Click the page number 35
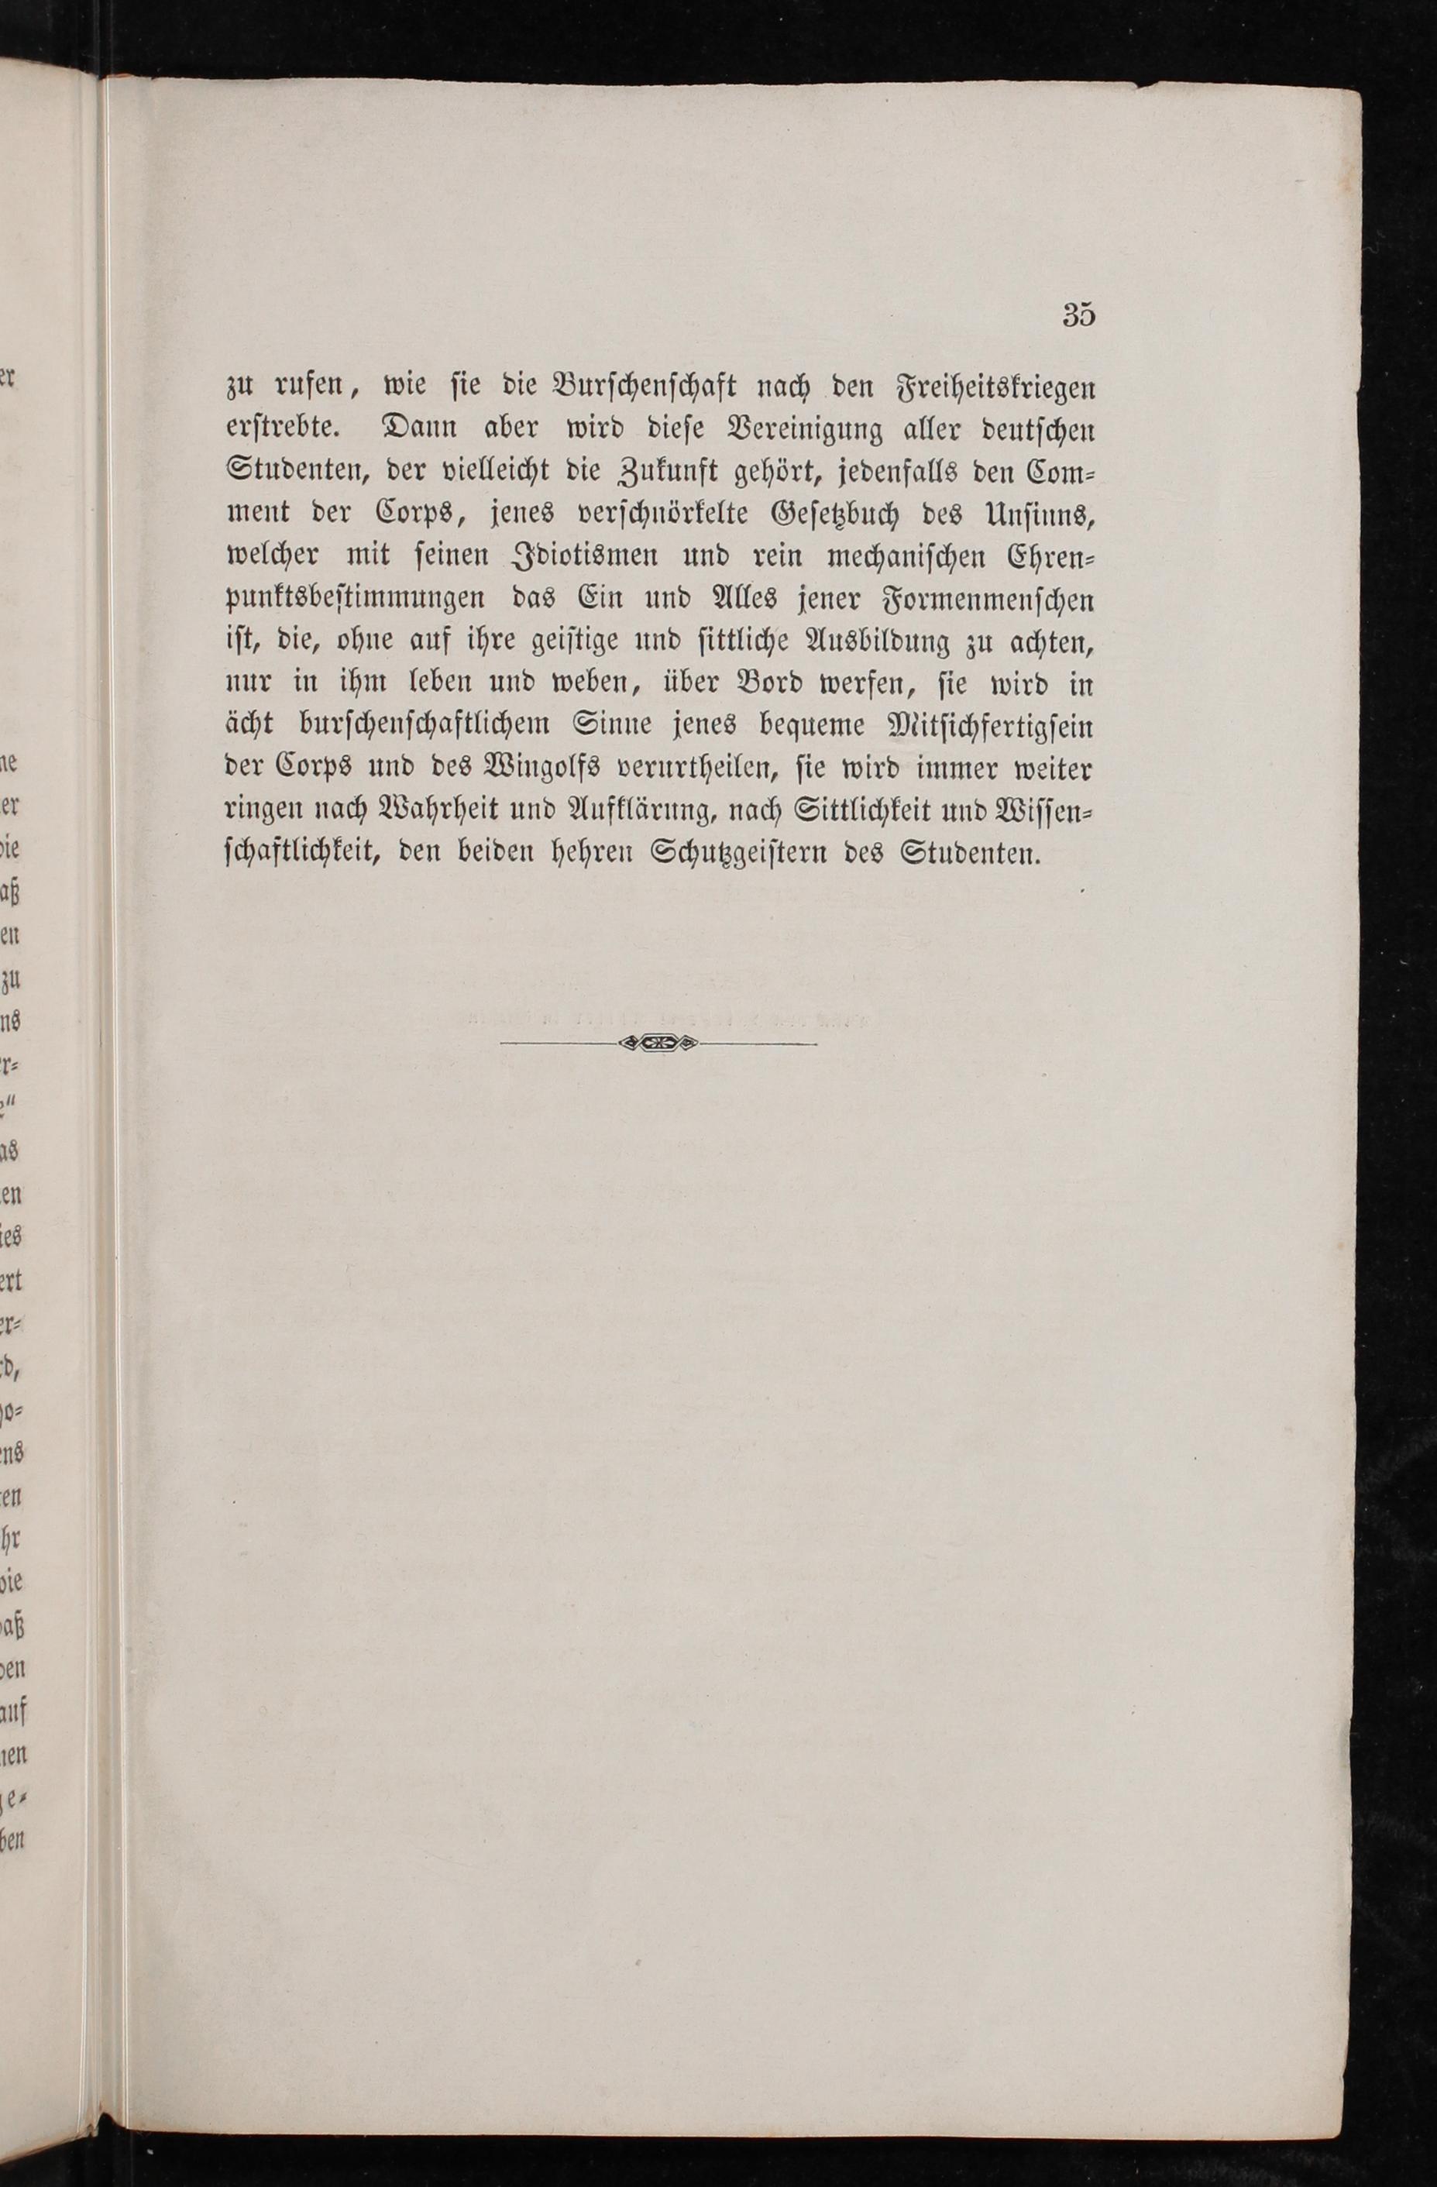tap(1078, 315)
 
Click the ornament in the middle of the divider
tap(658, 1043)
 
